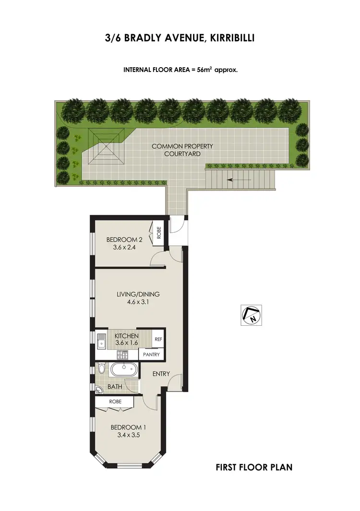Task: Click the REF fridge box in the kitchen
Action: (x=158, y=339)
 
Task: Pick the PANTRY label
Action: (x=152, y=355)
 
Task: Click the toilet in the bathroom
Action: (x=101, y=368)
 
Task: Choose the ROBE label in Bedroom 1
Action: (x=115, y=401)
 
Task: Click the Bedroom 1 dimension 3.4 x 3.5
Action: (x=128, y=435)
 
